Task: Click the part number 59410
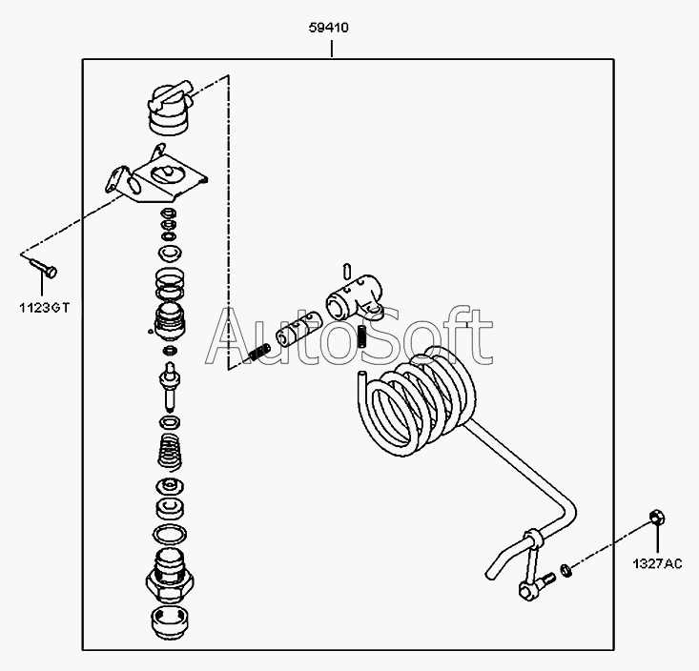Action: [329, 28]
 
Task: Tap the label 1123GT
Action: [44, 308]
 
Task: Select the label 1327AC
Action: [657, 563]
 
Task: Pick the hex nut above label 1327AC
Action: [657, 518]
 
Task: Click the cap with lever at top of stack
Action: [169, 109]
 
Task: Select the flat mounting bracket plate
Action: [157, 176]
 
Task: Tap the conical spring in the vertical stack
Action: [170, 452]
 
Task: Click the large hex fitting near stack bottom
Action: [170, 575]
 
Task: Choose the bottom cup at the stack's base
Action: [169, 623]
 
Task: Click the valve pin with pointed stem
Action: [170, 386]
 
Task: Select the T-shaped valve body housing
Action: [355, 297]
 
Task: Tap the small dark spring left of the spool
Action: [259, 353]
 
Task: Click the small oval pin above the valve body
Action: [348, 271]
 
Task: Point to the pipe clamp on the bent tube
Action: [533, 537]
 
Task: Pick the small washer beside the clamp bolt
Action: [565, 569]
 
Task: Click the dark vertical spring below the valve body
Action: [362, 336]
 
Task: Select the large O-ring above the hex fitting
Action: [170, 534]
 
